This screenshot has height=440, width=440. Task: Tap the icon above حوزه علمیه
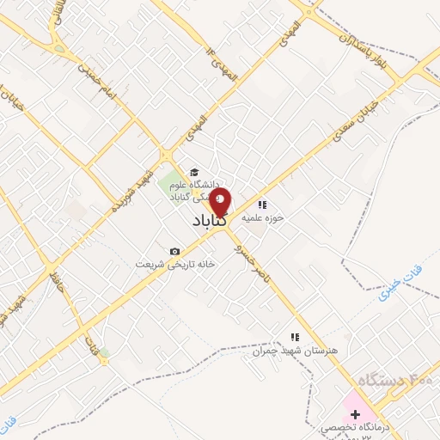click(x=262, y=204)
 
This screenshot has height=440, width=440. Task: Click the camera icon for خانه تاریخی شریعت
click(x=175, y=251)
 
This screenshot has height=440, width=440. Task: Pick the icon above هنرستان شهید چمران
click(x=294, y=336)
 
